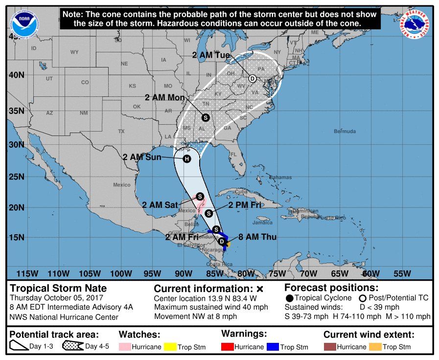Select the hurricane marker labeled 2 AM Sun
pos(186,158)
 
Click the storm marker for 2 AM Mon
pos(206,117)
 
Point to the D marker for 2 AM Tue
pos(253,78)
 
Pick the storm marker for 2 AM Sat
pos(200,196)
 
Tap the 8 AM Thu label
pos(257,237)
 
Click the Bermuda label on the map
pos(345,132)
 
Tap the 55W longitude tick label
pos(402,273)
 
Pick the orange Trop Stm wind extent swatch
pos(375,347)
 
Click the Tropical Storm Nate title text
pos(58,288)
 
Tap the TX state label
pos(121,131)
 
